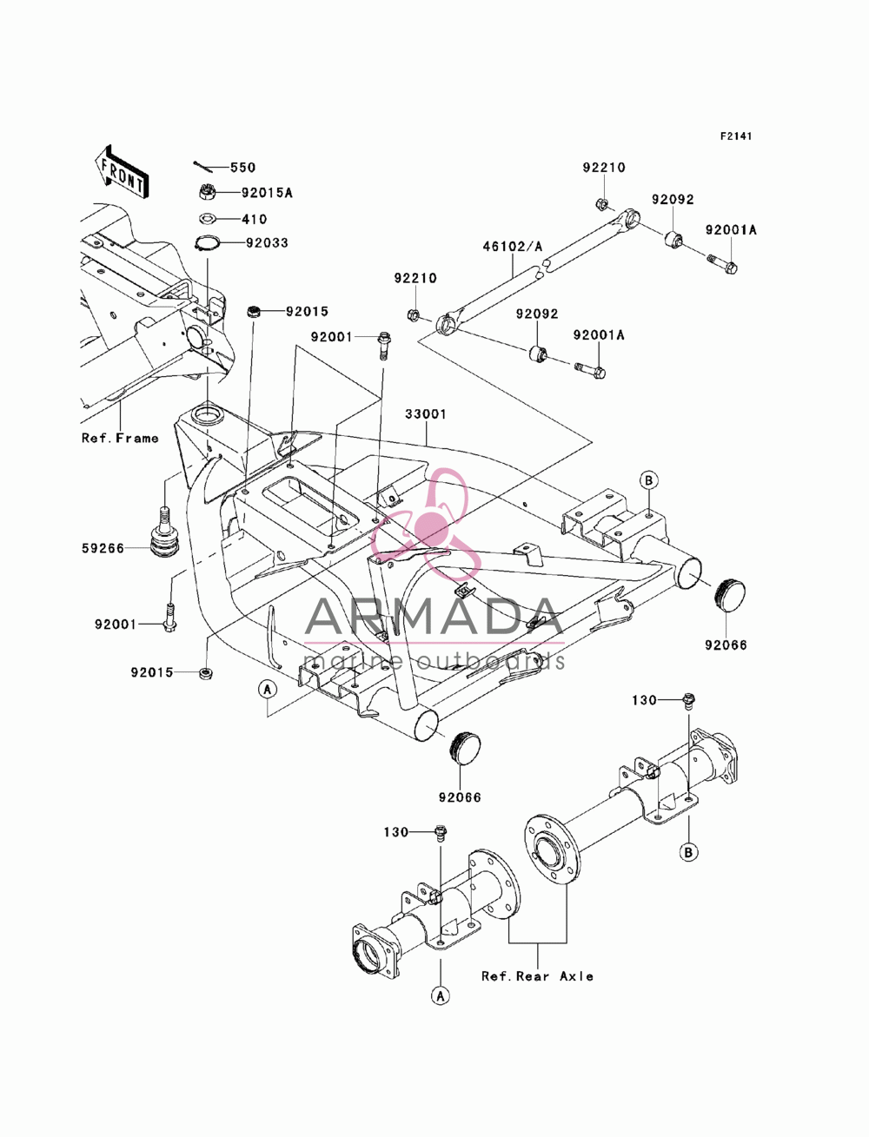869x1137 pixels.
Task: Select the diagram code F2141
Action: pyautogui.click(x=736, y=136)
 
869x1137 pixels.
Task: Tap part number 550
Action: pyautogui.click(x=243, y=168)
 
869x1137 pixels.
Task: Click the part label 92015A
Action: pyautogui.click(x=267, y=193)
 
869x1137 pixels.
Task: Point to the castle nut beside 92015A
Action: pyautogui.click(x=207, y=192)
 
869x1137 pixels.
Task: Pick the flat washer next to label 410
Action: pyautogui.click(x=208, y=218)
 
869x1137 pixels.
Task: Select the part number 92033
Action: pyautogui.click(x=267, y=243)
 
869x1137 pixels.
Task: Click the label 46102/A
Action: pyautogui.click(x=513, y=247)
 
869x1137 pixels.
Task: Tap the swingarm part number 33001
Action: pyautogui.click(x=426, y=414)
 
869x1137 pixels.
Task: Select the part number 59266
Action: pyautogui.click(x=103, y=549)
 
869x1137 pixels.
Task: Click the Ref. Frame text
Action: pyautogui.click(x=120, y=439)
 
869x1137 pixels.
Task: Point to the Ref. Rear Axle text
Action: pyautogui.click(x=537, y=976)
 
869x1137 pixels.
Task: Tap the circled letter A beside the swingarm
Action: pyautogui.click(x=268, y=690)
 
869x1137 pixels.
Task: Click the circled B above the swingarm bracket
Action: pyautogui.click(x=648, y=480)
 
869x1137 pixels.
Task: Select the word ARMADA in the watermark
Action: pyautogui.click(x=434, y=617)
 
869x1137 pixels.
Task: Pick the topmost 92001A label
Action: pyautogui.click(x=731, y=230)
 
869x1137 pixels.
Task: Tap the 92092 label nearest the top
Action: pyautogui.click(x=673, y=200)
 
